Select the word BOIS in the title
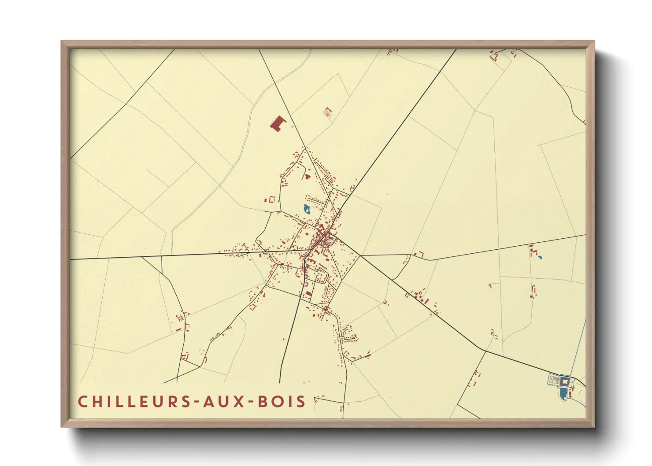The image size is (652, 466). click(x=282, y=402)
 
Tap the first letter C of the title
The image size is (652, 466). click(x=82, y=402)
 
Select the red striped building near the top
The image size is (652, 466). click(x=327, y=112)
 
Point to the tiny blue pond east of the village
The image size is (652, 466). click(x=540, y=257)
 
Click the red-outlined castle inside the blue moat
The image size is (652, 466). click(x=564, y=381)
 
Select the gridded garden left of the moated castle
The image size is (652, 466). click(x=554, y=379)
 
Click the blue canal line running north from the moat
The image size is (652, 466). click(x=579, y=348)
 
